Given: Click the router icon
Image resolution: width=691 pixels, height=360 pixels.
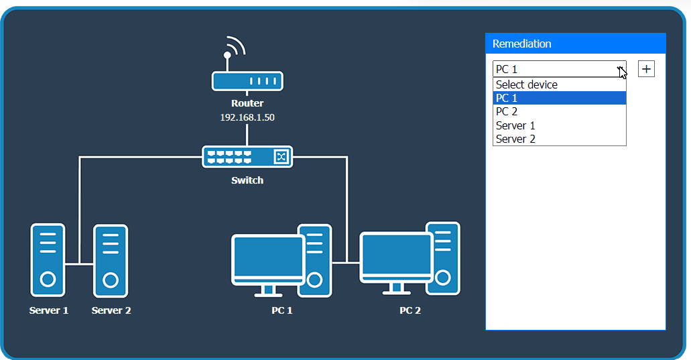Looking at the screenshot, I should point(247,81).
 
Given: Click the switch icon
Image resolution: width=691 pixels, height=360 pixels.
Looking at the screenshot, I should point(247,157).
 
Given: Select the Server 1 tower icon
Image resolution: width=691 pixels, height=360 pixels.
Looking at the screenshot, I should point(48,260).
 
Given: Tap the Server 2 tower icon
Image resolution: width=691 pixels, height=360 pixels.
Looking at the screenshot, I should point(111,261).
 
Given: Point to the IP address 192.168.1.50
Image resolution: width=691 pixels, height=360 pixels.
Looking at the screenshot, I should point(247,117).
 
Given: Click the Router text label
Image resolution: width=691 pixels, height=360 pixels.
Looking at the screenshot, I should point(247,103).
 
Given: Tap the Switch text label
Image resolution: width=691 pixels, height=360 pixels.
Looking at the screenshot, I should point(247,180).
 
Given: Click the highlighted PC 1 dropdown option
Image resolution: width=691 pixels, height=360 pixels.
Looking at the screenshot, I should point(559,98).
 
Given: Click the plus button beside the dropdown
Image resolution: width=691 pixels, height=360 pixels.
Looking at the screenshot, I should point(646,69).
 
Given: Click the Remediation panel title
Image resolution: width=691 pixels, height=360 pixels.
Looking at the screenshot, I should point(522,44).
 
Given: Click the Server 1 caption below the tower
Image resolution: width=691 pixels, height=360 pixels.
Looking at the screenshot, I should point(49,310).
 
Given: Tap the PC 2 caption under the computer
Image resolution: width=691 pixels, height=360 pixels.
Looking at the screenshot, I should point(410,310).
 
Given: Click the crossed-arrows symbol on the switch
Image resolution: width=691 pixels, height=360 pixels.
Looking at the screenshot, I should point(281,157).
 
